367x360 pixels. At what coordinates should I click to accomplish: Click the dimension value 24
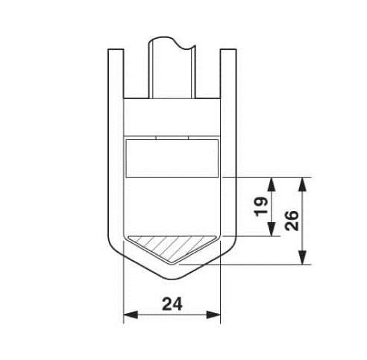tap(172, 304)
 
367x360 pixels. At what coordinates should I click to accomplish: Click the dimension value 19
tap(261, 206)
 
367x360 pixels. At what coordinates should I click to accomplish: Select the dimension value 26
tap(292, 221)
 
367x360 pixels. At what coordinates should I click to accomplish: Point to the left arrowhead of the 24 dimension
tap(131, 315)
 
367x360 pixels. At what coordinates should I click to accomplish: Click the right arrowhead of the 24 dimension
tap(213, 315)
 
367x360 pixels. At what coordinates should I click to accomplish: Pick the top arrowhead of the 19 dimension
tap(272, 184)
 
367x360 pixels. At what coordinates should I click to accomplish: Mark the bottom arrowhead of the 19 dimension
tap(272, 229)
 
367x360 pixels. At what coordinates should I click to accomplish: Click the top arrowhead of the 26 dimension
tap(302, 184)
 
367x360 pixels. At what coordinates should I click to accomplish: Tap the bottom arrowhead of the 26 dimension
tap(302, 257)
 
